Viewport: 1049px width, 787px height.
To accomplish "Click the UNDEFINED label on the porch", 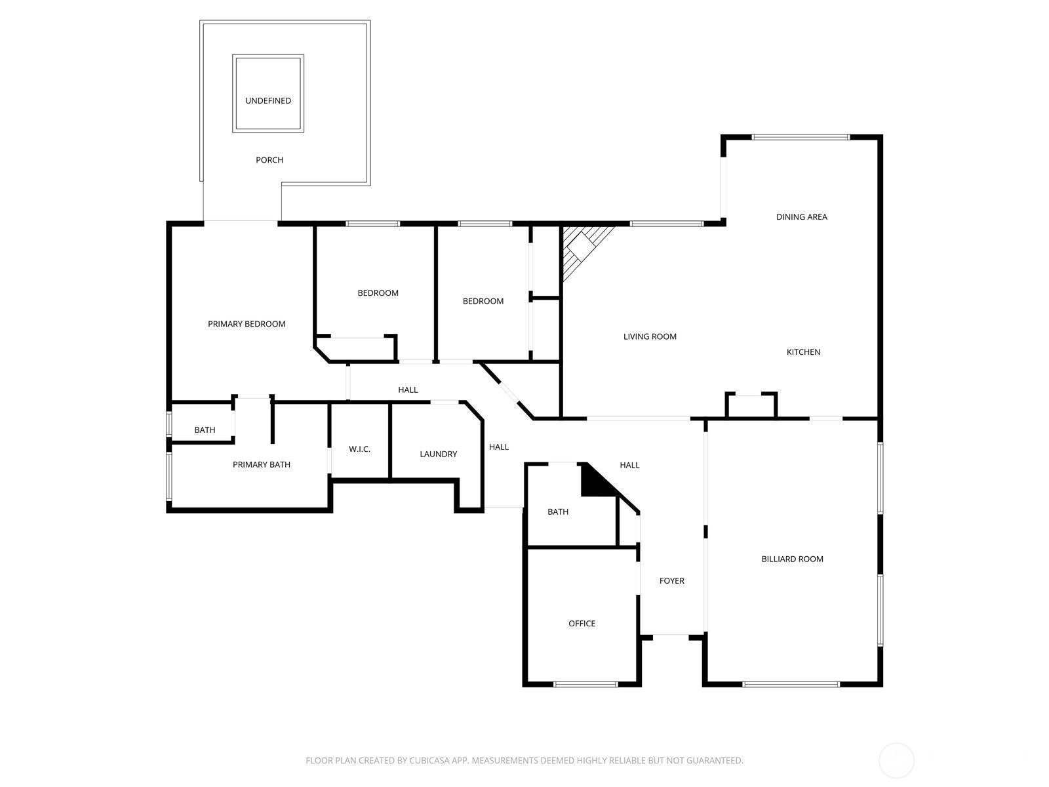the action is point(268,101).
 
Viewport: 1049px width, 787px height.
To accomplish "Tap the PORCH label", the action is point(269,160).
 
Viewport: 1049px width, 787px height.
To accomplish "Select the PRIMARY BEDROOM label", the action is point(247,324).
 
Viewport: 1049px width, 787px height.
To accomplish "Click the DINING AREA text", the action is point(801,217).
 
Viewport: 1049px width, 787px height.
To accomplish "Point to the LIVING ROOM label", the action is point(650,337).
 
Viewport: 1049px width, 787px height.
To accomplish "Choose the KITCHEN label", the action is point(803,352).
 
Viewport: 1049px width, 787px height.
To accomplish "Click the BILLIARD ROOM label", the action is point(793,559).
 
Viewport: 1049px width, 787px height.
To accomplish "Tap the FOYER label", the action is point(672,581).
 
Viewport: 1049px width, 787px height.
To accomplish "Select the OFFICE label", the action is point(582,624).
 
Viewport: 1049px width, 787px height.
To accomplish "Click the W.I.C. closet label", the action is point(359,449).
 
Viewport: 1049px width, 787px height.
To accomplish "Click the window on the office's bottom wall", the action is point(585,685).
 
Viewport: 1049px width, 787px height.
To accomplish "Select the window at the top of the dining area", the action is point(801,138).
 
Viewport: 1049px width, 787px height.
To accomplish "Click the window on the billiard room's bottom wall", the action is point(791,685).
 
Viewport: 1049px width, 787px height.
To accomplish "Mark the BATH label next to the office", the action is point(558,512).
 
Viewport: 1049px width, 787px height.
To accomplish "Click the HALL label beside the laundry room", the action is point(498,447).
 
